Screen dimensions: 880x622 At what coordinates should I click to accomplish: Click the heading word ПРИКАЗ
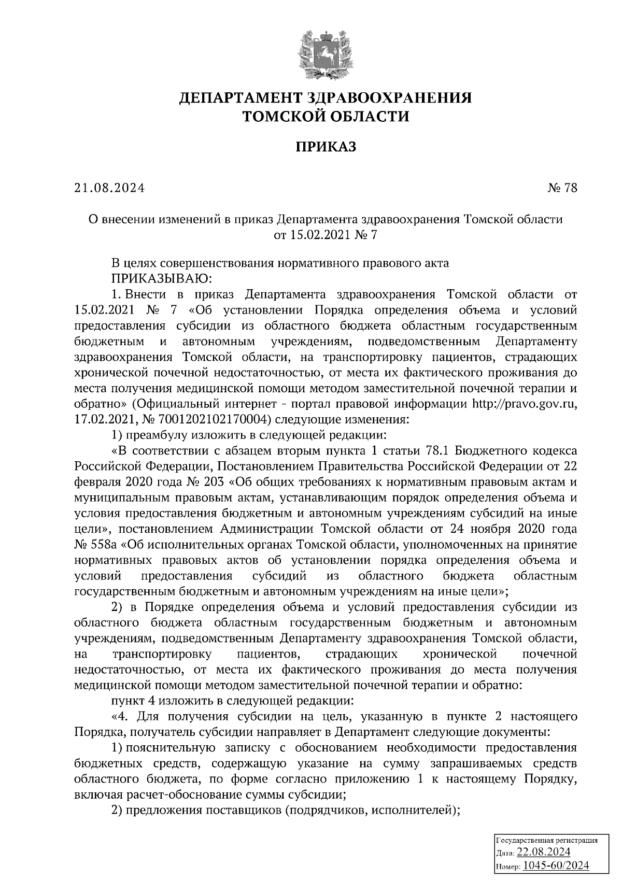coord(326,148)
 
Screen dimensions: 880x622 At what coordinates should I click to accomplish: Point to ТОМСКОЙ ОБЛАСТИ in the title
coord(326,117)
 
